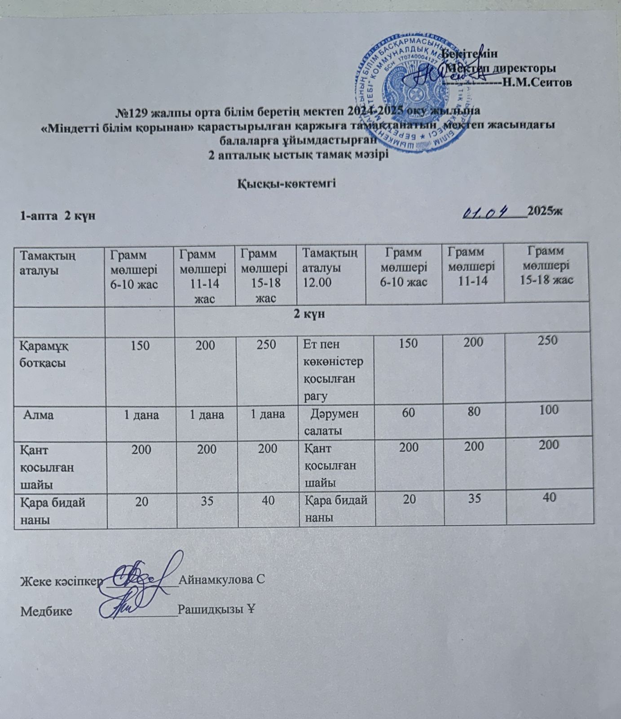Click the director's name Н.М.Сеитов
[537, 82]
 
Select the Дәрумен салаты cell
[331, 422]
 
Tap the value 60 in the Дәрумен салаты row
[408, 411]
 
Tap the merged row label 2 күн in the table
[309, 315]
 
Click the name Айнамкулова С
[221, 580]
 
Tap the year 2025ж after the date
[545, 211]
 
